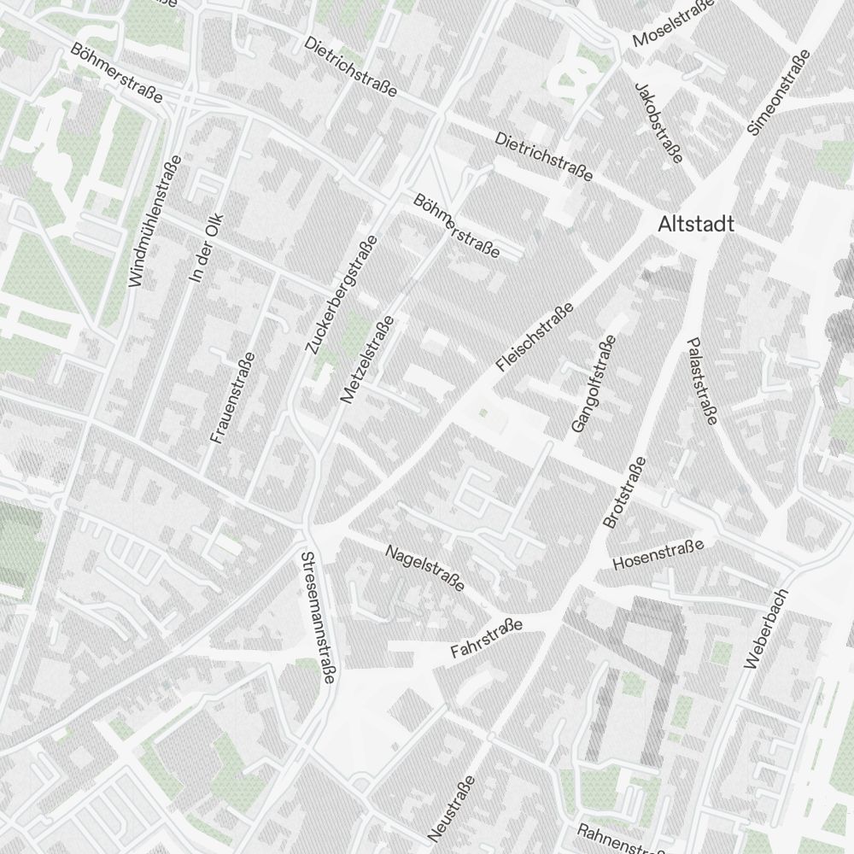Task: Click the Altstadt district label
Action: pyautogui.click(x=696, y=225)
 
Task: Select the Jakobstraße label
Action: pyautogui.click(x=658, y=122)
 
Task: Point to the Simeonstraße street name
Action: pyautogui.click(x=778, y=93)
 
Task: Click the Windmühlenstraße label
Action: pyautogui.click(x=155, y=220)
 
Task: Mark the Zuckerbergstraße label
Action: pyautogui.click(x=341, y=294)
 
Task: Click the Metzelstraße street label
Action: pyautogui.click(x=367, y=359)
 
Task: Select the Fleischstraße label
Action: pyautogui.click(x=535, y=336)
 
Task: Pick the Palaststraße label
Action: pyautogui.click(x=700, y=380)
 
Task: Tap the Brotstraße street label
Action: pyautogui.click(x=624, y=493)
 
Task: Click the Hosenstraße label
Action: pyautogui.click(x=658, y=554)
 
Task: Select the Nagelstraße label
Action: pyautogui.click(x=425, y=568)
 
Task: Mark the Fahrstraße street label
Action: pyautogui.click(x=486, y=640)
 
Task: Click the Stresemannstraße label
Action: pyautogui.click(x=317, y=617)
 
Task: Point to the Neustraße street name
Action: pyautogui.click(x=452, y=808)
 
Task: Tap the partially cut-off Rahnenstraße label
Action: pyautogui.click(x=621, y=840)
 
